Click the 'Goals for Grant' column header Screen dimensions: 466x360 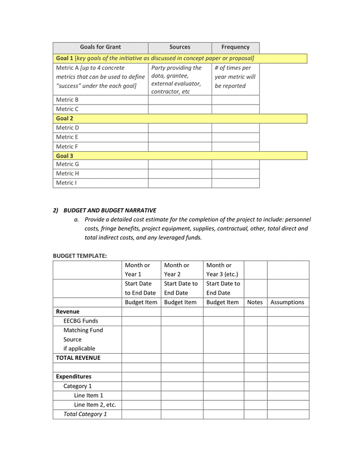100,47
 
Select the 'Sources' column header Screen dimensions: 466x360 179,47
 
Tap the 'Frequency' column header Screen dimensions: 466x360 235,47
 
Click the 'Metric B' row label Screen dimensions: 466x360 67,100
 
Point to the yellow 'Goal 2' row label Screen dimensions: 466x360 65,119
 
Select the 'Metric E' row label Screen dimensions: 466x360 67,137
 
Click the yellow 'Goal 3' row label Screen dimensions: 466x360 65,156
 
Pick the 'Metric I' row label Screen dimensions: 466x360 67,183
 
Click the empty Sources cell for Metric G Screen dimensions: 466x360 179,164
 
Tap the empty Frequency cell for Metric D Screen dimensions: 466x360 235,128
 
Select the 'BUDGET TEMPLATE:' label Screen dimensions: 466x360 80,256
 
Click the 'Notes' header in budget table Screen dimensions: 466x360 255,302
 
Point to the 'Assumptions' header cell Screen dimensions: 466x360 288,302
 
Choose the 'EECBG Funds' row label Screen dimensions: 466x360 81,321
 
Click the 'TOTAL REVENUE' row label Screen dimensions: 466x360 78,358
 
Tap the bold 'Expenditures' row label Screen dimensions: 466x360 73,377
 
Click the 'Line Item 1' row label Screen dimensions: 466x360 88,396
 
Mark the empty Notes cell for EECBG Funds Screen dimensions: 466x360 255,321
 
